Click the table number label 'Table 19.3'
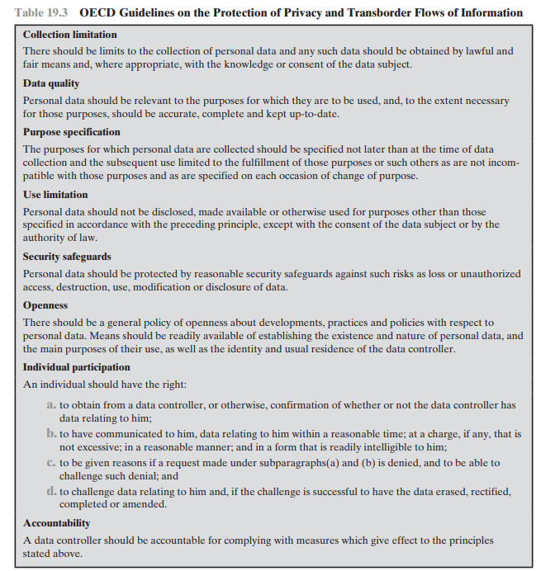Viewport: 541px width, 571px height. click(41, 13)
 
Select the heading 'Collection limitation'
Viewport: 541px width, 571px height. click(70, 35)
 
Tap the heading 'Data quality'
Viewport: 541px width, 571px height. click(51, 84)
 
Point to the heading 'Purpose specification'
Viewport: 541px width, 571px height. click(72, 132)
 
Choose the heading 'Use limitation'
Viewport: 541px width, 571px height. click(55, 195)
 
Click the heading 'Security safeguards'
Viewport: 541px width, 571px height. click(67, 257)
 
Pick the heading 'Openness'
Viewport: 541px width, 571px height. click(45, 305)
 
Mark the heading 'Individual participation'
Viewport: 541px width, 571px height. click(77, 367)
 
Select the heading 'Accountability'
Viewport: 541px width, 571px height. click(57, 523)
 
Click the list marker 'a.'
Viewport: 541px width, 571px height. click(52, 405)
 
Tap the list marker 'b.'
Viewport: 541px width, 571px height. click(52, 433)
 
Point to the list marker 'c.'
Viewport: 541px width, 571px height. click(52, 463)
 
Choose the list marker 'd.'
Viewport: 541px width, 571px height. click(52, 492)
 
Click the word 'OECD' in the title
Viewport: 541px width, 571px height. click(98, 13)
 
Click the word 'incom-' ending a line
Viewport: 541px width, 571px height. click(503, 163)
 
